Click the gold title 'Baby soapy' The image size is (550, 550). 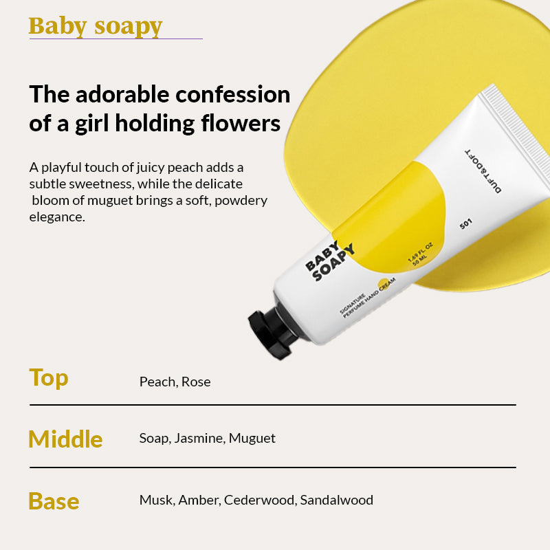96,26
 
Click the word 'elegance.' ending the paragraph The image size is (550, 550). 56,217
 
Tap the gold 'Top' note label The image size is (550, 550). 49,377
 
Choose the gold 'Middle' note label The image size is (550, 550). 65,439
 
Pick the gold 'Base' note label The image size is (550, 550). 54,500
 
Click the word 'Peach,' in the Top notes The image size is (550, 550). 158,382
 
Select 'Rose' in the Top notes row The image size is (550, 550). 196,382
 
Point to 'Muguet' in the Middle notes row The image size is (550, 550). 252,438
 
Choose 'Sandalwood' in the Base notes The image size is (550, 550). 336,500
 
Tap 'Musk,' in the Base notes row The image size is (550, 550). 157,500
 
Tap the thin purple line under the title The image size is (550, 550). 115,38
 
